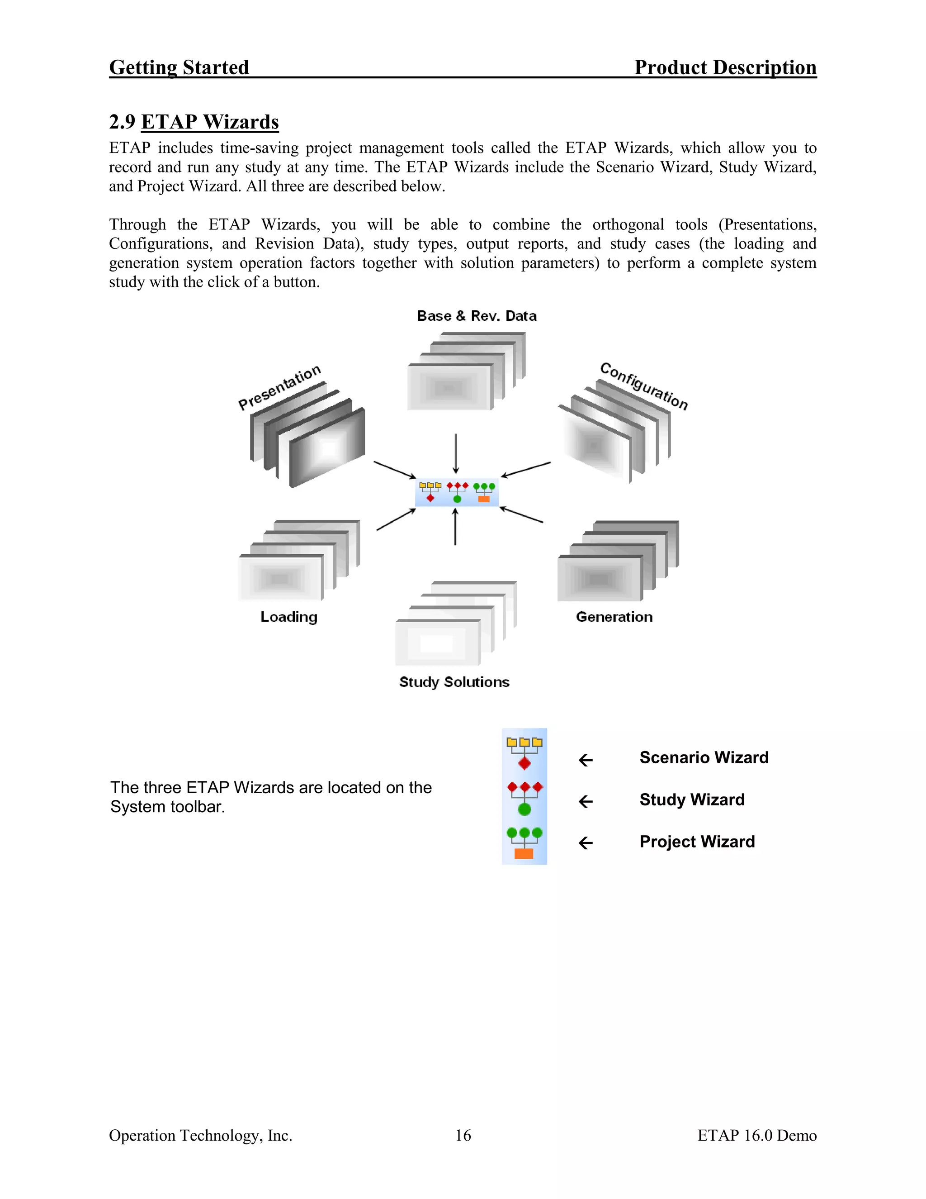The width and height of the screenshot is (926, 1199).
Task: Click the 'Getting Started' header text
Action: pos(179,67)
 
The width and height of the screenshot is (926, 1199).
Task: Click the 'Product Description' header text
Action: pos(725,67)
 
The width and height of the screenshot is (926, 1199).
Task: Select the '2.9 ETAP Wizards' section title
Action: pos(194,121)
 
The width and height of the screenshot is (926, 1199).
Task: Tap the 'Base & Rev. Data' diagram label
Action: pos(477,316)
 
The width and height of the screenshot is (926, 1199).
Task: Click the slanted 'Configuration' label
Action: pos(643,386)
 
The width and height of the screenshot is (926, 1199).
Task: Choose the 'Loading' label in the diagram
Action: pos(288,617)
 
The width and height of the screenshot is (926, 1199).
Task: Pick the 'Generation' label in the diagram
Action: pos(614,617)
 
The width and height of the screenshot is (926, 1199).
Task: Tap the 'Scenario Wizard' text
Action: pos(704,757)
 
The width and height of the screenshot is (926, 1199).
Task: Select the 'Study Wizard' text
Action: pos(692,799)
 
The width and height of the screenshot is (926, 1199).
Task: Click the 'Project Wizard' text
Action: pos(697,842)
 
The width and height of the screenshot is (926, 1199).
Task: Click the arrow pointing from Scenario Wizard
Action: pos(586,761)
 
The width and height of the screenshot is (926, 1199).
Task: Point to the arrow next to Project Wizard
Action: pos(586,843)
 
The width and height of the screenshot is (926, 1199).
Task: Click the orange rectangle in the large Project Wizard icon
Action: pos(524,854)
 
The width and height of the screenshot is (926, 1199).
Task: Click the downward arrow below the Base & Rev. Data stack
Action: pos(456,453)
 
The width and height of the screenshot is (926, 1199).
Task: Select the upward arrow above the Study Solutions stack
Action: pos(455,527)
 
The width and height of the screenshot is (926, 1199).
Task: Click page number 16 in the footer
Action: pos(463,1135)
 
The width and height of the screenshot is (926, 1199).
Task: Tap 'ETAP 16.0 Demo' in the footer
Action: pos(756,1135)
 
